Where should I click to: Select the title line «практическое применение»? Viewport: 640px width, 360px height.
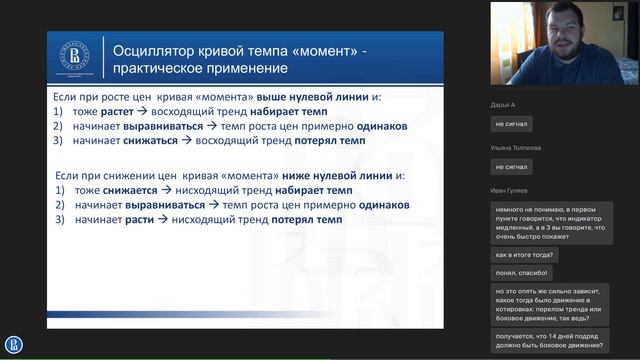(201, 69)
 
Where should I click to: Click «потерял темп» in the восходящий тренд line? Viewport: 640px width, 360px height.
(325, 142)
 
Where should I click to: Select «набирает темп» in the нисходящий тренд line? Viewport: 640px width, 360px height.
(311, 190)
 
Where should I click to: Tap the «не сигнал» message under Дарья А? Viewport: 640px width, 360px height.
(511, 124)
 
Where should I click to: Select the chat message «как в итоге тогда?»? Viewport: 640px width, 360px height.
(525, 255)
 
